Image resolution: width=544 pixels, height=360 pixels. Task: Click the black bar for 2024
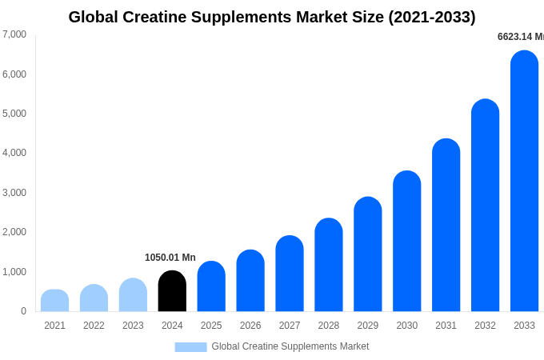coord(172,291)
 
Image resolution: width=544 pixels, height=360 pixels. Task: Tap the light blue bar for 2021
coord(54,301)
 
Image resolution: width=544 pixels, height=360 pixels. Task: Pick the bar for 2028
coord(329,265)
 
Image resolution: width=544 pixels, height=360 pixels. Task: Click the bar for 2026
coord(250,281)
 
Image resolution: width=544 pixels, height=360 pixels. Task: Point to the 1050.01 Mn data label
coord(170,258)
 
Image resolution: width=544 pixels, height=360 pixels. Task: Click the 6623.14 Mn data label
coord(520,37)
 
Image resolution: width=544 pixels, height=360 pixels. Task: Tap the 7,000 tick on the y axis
coord(14,34)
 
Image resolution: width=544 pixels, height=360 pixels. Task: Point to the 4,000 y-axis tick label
coord(14,153)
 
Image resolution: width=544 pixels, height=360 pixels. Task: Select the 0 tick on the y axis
coord(23,311)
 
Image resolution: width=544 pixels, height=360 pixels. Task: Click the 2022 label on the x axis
coord(94,326)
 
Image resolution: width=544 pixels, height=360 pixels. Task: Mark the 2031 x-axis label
coord(446,326)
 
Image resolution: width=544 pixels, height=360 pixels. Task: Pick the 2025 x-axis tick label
coord(211,326)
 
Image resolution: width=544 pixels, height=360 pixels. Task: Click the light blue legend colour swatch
coord(190,347)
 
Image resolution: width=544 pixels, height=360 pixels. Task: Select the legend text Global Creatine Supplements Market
coord(290,346)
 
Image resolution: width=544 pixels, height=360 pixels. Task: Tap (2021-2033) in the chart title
coord(432,17)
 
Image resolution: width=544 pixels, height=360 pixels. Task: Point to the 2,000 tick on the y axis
coord(14,232)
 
